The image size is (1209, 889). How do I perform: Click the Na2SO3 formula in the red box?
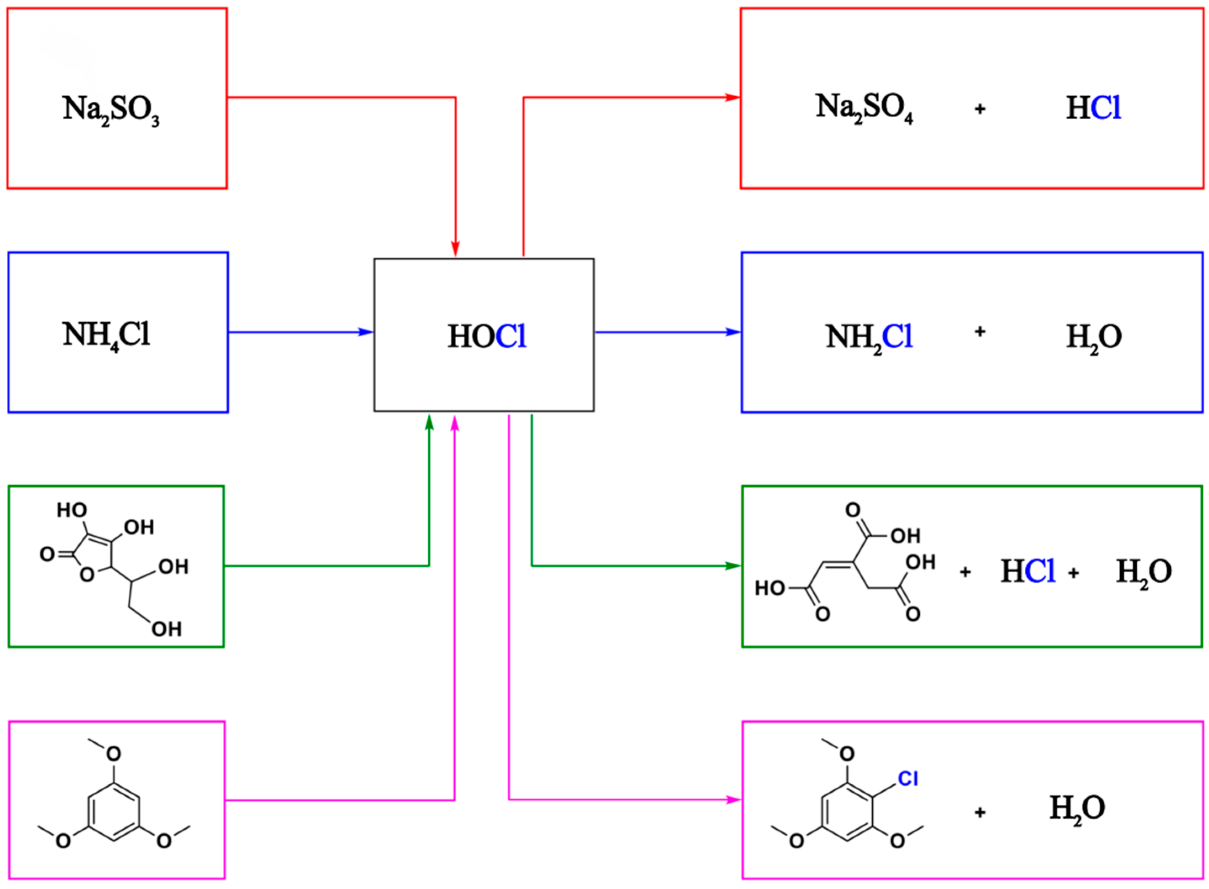pyautogui.click(x=111, y=109)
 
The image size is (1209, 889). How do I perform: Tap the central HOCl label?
pyautogui.click(x=487, y=337)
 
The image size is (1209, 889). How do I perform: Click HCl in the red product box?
pyautogui.click(x=1093, y=108)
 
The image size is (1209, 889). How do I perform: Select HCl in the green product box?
pyautogui.click(x=1027, y=571)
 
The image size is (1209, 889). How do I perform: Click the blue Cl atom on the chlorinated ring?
pyautogui.click(x=908, y=778)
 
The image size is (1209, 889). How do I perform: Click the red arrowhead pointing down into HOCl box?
pyautogui.click(x=456, y=249)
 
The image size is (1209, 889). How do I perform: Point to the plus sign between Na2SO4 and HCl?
pyautogui.click(x=980, y=108)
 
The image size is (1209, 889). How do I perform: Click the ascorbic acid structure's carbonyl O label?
pyautogui.click(x=48, y=554)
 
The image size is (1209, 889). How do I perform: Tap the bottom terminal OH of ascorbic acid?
pyautogui.click(x=166, y=629)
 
